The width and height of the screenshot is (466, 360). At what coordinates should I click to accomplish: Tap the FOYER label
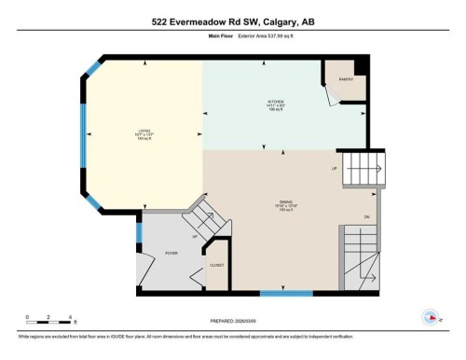pyautogui.click(x=171, y=252)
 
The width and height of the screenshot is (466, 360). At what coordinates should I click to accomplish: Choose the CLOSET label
pyautogui.click(x=216, y=266)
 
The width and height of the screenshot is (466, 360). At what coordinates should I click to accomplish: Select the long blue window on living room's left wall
pyautogui.click(x=85, y=136)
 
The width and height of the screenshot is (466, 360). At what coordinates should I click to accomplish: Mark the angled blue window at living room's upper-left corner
pyautogui.click(x=92, y=68)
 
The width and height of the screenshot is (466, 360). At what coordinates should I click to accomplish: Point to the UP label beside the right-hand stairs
pyautogui.click(x=334, y=169)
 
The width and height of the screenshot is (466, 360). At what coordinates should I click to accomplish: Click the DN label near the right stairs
pyautogui.click(x=366, y=216)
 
